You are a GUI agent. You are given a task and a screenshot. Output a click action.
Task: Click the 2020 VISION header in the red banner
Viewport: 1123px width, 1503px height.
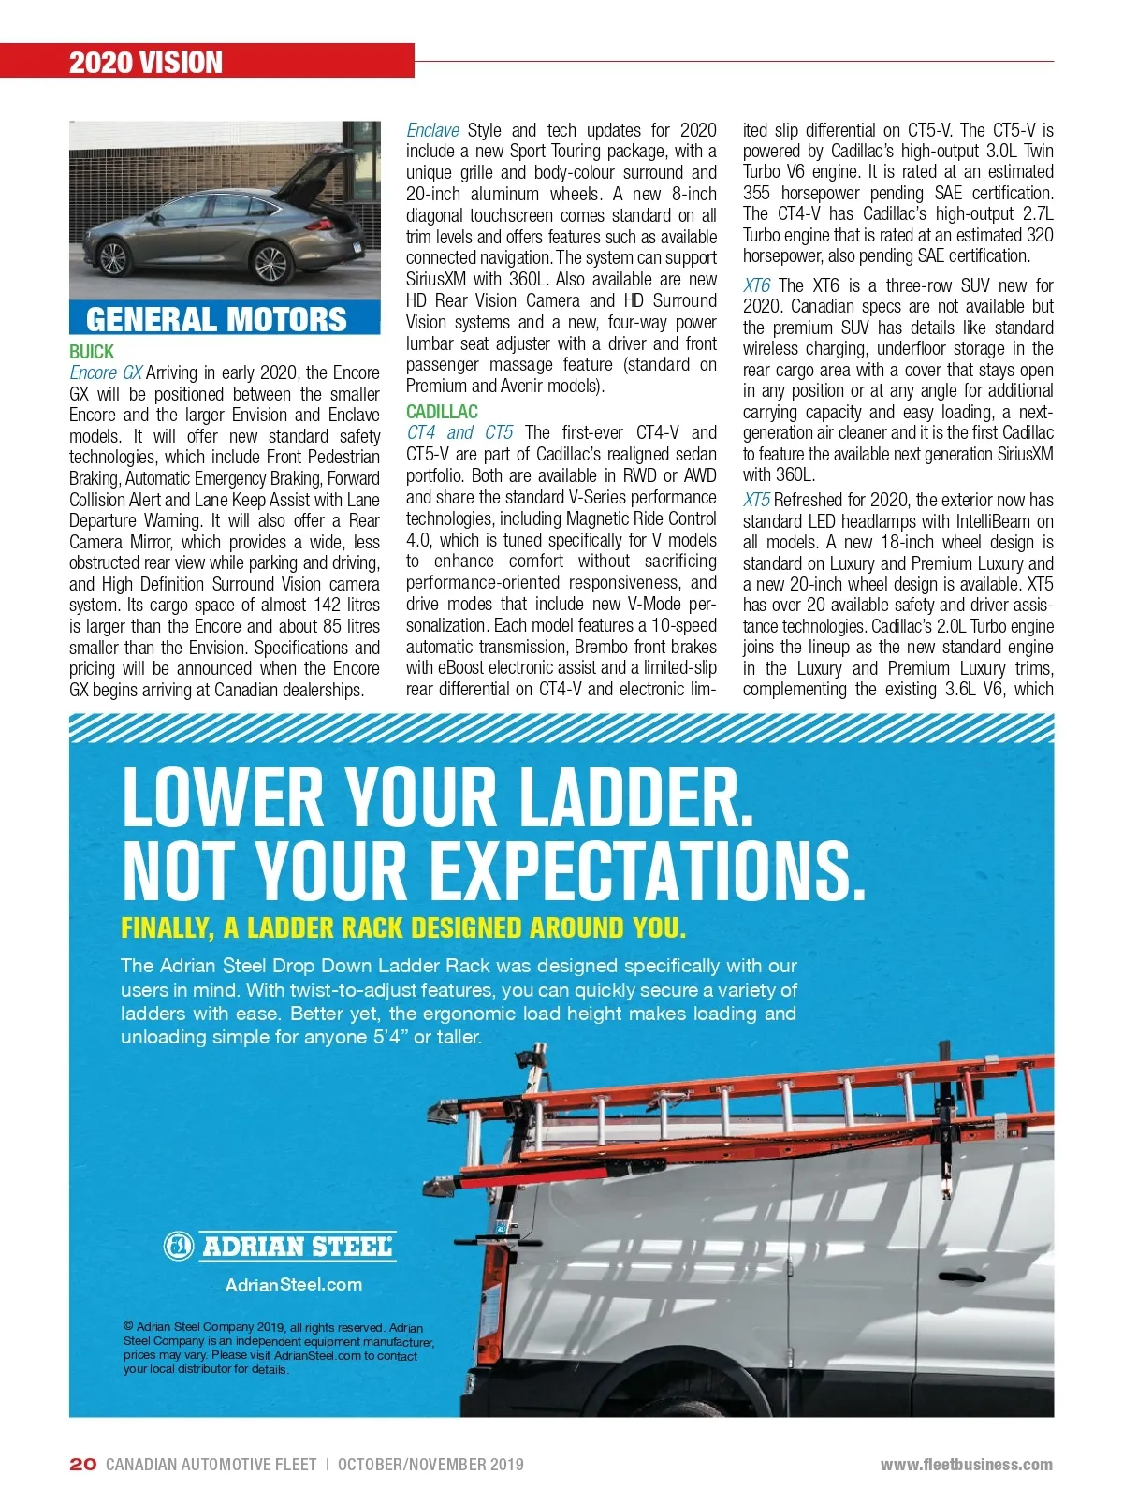point(146,63)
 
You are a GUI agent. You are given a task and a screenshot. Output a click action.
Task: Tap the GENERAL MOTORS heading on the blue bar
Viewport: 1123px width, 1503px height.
point(216,319)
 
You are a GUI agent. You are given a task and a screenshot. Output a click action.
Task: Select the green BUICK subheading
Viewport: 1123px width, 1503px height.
point(92,352)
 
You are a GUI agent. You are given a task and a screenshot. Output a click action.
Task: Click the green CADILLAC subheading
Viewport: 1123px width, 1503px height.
point(442,412)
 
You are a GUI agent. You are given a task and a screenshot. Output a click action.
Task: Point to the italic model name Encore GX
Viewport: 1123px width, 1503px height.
point(106,372)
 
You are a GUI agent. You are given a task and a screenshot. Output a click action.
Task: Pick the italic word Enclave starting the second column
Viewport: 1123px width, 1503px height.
point(432,130)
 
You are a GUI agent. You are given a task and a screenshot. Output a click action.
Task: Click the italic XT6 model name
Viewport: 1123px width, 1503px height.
point(756,285)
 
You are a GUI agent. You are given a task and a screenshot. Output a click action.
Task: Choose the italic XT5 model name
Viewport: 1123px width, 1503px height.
point(756,500)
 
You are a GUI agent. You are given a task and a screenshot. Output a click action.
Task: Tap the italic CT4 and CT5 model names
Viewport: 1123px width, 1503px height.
point(459,432)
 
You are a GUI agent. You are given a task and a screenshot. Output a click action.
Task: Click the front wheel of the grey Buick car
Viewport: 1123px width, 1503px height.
point(112,257)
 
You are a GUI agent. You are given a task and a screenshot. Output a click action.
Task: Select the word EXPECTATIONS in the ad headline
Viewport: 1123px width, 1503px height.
point(646,870)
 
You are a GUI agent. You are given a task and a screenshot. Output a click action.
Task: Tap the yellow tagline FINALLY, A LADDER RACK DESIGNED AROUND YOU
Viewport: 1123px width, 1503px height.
point(403,928)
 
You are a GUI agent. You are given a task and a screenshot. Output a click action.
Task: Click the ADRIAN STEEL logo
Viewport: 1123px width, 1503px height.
point(280,1246)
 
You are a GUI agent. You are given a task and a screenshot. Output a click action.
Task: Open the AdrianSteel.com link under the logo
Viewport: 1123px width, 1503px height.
point(293,1285)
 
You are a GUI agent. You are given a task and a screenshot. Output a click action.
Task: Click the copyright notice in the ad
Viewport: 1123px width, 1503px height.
point(278,1348)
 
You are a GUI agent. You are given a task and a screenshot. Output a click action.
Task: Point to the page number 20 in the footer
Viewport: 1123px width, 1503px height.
point(82,1465)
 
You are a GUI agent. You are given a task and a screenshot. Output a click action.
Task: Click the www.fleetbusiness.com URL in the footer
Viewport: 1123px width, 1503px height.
point(966,1465)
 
